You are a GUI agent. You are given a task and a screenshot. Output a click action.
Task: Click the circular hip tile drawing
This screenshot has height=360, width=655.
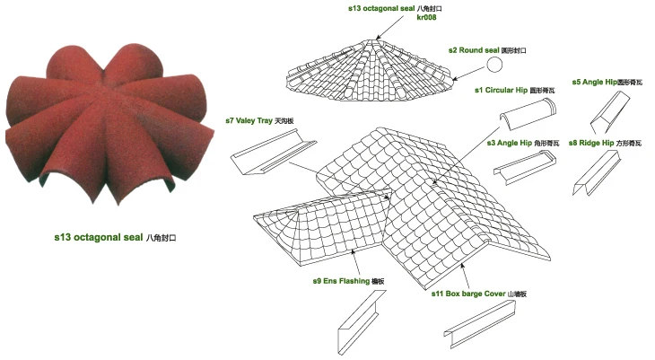(527, 117)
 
